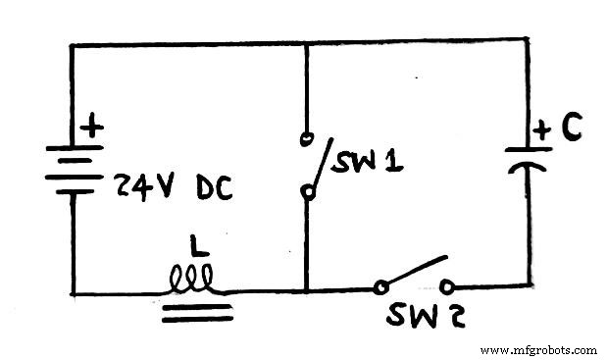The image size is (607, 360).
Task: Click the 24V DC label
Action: tap(175, 185)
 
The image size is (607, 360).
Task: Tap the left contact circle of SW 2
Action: tap(380, 288)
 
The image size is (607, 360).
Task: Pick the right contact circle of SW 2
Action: tap(448, 287)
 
